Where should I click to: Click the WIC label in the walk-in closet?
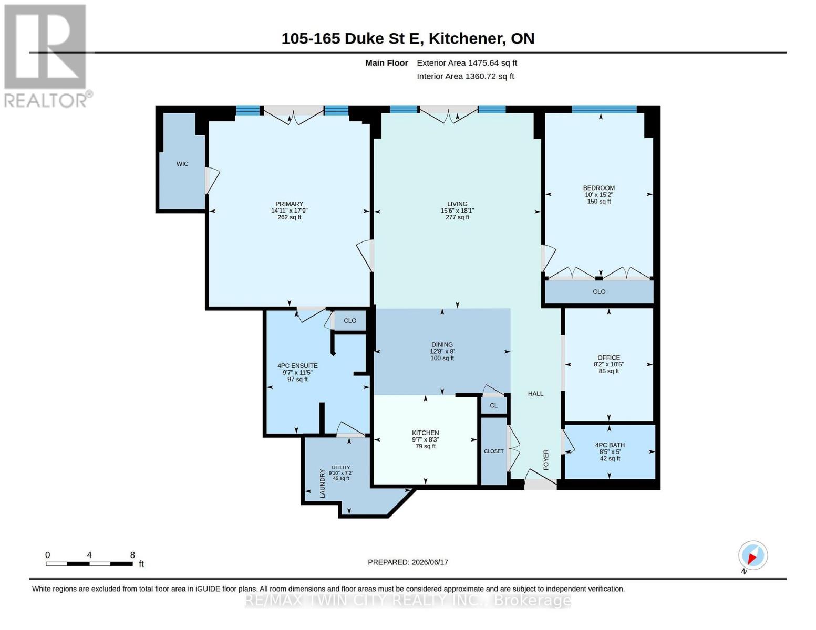click(x=182, y=164)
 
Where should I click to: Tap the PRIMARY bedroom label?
click(x=289, y=204)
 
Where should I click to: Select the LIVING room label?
click(x=457, y=204)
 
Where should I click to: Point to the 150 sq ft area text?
click(x=599, y=202)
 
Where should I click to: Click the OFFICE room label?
click(x=608, y=358)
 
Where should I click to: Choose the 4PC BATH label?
click(x=610, y=445)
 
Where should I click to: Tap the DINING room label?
click(x=442, y=344)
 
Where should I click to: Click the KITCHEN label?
click(x=425, y=433)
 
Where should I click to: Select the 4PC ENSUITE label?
click(x=297, y=366)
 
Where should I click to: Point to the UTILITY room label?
click(x=340, y=467)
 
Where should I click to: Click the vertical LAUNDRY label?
click(x=322, y=484)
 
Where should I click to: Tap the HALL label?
click(x=535, y=394)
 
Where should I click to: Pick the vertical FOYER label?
click(x=546, y=460)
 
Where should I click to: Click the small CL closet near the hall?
click(x=493, y=406)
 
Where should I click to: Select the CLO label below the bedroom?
click(x=599, y=291)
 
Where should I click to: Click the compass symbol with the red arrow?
click(x=753, y=555)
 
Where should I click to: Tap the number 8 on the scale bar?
click(x=132, y=555)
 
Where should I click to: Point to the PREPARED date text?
click(x=408, y=562)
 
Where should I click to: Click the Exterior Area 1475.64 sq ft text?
click(x=467, y=63)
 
